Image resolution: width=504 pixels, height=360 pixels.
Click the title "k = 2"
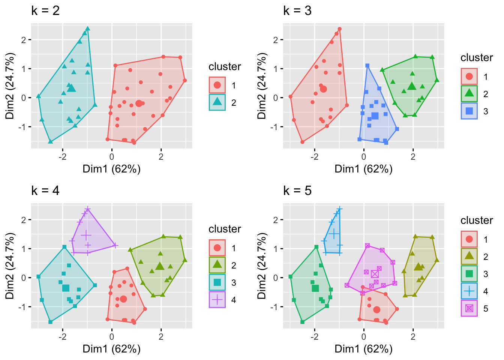45,10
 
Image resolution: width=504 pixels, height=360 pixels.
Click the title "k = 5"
297,190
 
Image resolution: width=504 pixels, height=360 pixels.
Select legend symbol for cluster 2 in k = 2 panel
217,102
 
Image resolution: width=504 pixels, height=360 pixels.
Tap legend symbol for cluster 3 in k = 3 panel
469,111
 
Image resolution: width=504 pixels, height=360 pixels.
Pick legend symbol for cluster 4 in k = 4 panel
217,300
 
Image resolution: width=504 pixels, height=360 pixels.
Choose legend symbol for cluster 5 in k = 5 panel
469,308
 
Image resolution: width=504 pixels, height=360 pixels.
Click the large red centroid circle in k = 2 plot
139,103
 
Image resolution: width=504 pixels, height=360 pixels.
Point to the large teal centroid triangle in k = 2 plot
72,88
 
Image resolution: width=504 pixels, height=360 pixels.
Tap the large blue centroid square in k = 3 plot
375,116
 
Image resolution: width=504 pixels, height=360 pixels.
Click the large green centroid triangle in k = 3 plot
412,86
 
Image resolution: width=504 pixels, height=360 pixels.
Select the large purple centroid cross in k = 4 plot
86,235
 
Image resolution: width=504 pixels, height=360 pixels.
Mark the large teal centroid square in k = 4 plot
66,288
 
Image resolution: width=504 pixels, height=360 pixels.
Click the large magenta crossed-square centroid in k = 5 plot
375,274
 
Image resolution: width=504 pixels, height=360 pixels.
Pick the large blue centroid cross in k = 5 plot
334,234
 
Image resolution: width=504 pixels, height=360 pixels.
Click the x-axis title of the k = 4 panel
112,349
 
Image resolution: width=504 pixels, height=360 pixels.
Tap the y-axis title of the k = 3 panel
262,86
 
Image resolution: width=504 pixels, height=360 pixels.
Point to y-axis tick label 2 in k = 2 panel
24,40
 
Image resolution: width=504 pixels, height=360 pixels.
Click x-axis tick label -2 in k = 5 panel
314,337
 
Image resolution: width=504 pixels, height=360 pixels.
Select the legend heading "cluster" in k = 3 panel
477,58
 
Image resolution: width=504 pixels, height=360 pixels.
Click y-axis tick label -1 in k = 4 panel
22,307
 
